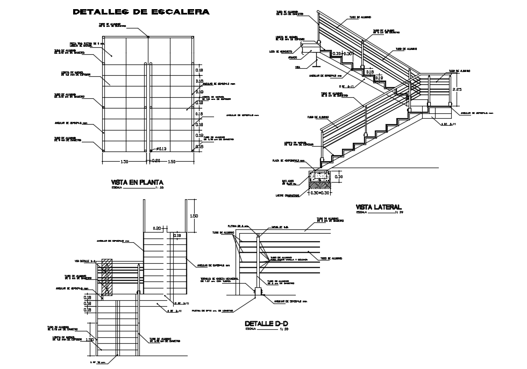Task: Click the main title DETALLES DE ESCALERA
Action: pos(141,11)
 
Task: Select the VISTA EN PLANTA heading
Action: pos(137,183)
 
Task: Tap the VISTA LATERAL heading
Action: pos(379,207)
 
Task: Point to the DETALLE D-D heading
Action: pos(263,324)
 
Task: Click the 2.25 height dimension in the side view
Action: pos(457,89)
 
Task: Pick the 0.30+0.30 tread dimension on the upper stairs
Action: pos(342,54)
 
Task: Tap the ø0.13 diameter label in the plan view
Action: pos(161,149)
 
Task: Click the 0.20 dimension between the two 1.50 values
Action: pos(156,161)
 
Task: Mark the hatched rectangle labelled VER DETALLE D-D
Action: pos(106,277)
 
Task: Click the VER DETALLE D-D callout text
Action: pos(86,261)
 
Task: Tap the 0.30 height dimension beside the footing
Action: pos(339,177)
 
